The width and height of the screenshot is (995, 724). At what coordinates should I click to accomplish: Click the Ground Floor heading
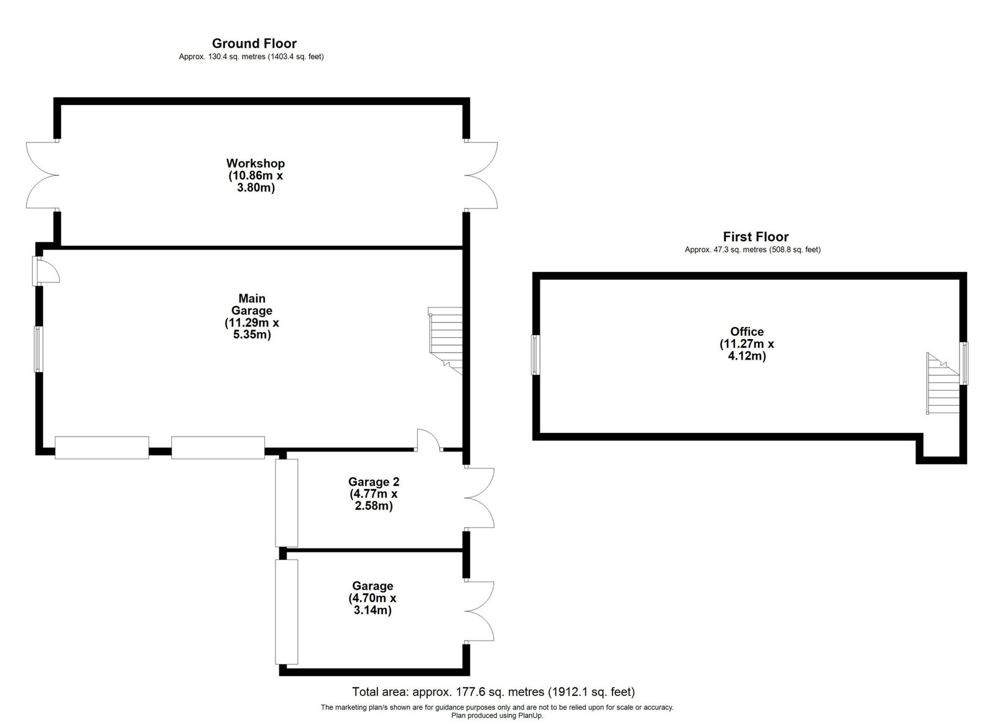click(x=254, y=44)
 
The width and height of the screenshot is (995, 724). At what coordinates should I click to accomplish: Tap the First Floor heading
click(x=756, y=237)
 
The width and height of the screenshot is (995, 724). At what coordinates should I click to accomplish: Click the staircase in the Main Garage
click(x=445, y=341)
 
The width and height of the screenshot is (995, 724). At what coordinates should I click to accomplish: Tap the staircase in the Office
click(x=943, y=383)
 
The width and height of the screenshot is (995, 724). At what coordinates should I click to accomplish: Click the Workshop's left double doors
click(x=43, y=175)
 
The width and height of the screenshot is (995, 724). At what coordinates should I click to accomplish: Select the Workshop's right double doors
click(x=481, y=175)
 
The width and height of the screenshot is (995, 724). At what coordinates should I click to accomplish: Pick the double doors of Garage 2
click(x=479, y=498)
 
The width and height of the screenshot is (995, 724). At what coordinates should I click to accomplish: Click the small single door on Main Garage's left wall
click(x=46, y=271)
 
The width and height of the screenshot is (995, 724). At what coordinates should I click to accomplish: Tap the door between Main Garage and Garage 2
click(x=428, y=440)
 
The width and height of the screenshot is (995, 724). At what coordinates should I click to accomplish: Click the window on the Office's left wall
click(x=535, y=355)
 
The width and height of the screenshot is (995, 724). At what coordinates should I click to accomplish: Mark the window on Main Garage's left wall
click(x=39, y=349)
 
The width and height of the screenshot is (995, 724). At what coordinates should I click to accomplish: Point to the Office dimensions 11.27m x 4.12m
click(x=747, y=350)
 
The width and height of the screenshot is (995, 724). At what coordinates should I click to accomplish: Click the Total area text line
click(x=494, y=691)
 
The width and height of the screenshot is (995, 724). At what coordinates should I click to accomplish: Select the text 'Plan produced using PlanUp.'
click(x=497, y=715)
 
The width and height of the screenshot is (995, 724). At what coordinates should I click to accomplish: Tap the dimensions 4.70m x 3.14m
click(x=373, y=603)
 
